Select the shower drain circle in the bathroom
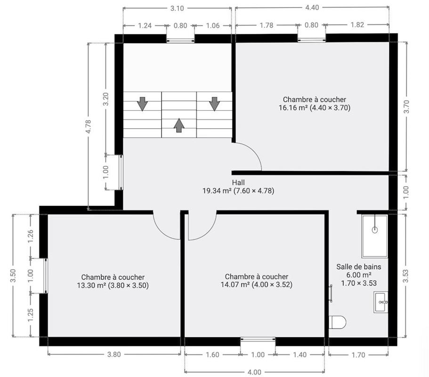(375, 230)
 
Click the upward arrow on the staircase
(179, 125)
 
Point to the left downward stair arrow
(142, 103)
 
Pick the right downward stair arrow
(214, 103)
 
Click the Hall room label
(238, 182)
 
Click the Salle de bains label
(358, 267)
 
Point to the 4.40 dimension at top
(312, 8)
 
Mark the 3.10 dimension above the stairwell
(177, 8)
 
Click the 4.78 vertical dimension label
(88, 127)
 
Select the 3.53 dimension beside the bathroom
(406, 275)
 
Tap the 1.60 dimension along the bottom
(212, 354)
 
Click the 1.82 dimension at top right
(357, 25)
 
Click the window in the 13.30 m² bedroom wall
(46, 275)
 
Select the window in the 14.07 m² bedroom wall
(258, 339)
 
